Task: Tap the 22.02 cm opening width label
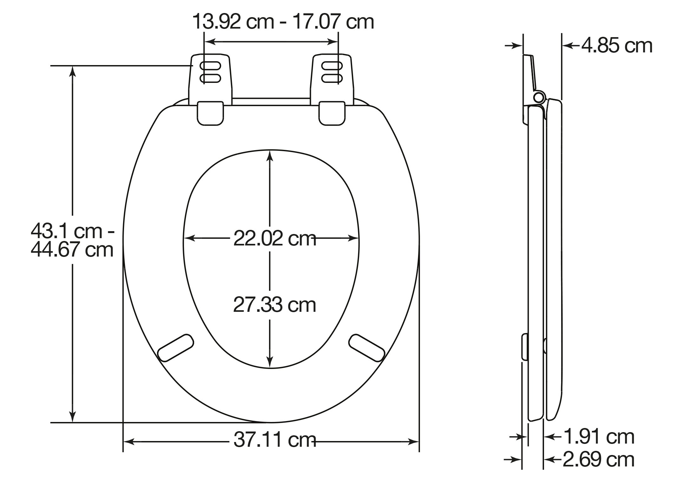[x=275, y=238]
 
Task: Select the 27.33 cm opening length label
[x=275, y=305]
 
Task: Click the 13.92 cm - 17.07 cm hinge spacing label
[x=283, y=22]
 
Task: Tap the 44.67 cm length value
[x=72, y=250]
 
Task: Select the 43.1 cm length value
[x=72, y=231]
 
